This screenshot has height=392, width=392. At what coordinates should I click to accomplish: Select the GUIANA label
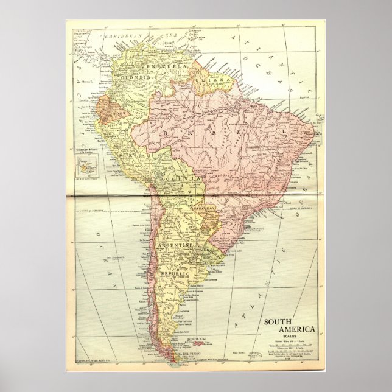pos(208,79)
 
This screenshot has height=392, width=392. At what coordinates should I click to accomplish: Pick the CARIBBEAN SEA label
pos(128,37)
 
